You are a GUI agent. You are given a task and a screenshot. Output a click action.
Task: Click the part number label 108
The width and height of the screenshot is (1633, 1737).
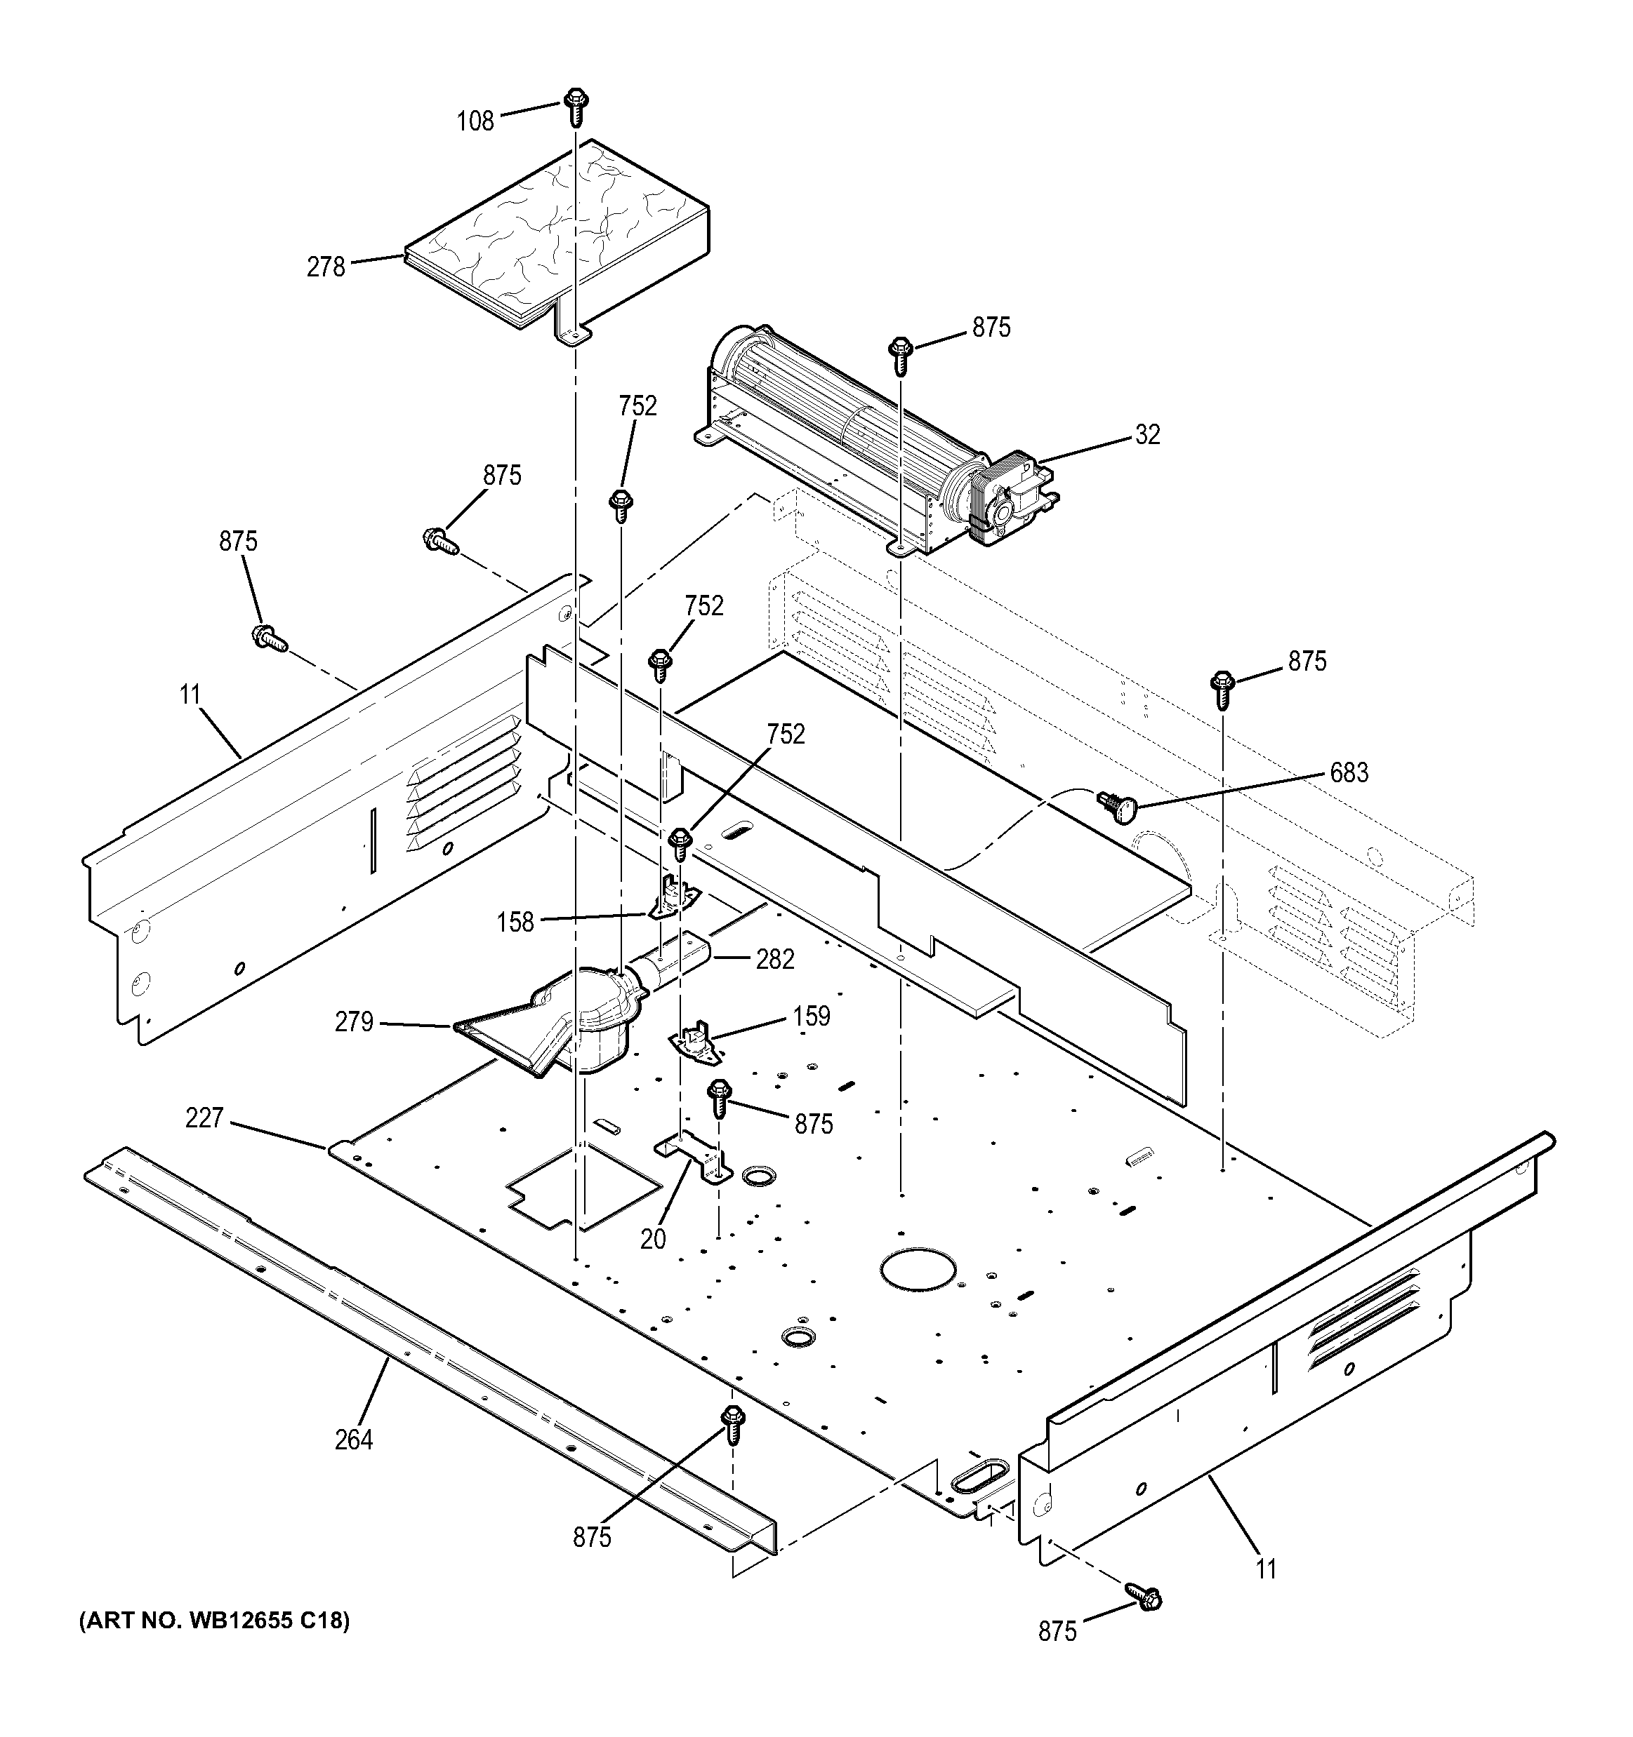tap(475, 121)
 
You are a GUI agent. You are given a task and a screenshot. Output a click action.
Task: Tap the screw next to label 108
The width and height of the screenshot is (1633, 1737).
tap(575, 106)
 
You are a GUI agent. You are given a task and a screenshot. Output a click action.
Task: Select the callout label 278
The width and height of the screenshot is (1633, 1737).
tap(326, 267)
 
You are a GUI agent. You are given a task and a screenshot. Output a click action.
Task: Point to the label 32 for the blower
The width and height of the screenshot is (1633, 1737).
tap(1147, 434)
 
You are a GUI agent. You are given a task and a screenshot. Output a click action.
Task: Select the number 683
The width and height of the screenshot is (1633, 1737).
tap(1349, 772)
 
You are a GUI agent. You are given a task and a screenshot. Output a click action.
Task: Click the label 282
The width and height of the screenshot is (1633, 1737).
tap(775, 960)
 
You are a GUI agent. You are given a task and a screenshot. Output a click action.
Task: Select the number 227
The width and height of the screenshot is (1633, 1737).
tap(204, 1118)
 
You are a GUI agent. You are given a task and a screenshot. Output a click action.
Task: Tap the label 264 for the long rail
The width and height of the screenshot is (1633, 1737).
tap(353, 1439)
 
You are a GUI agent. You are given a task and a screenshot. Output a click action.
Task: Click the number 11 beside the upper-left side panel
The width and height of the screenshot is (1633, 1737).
tap(190, 695)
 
